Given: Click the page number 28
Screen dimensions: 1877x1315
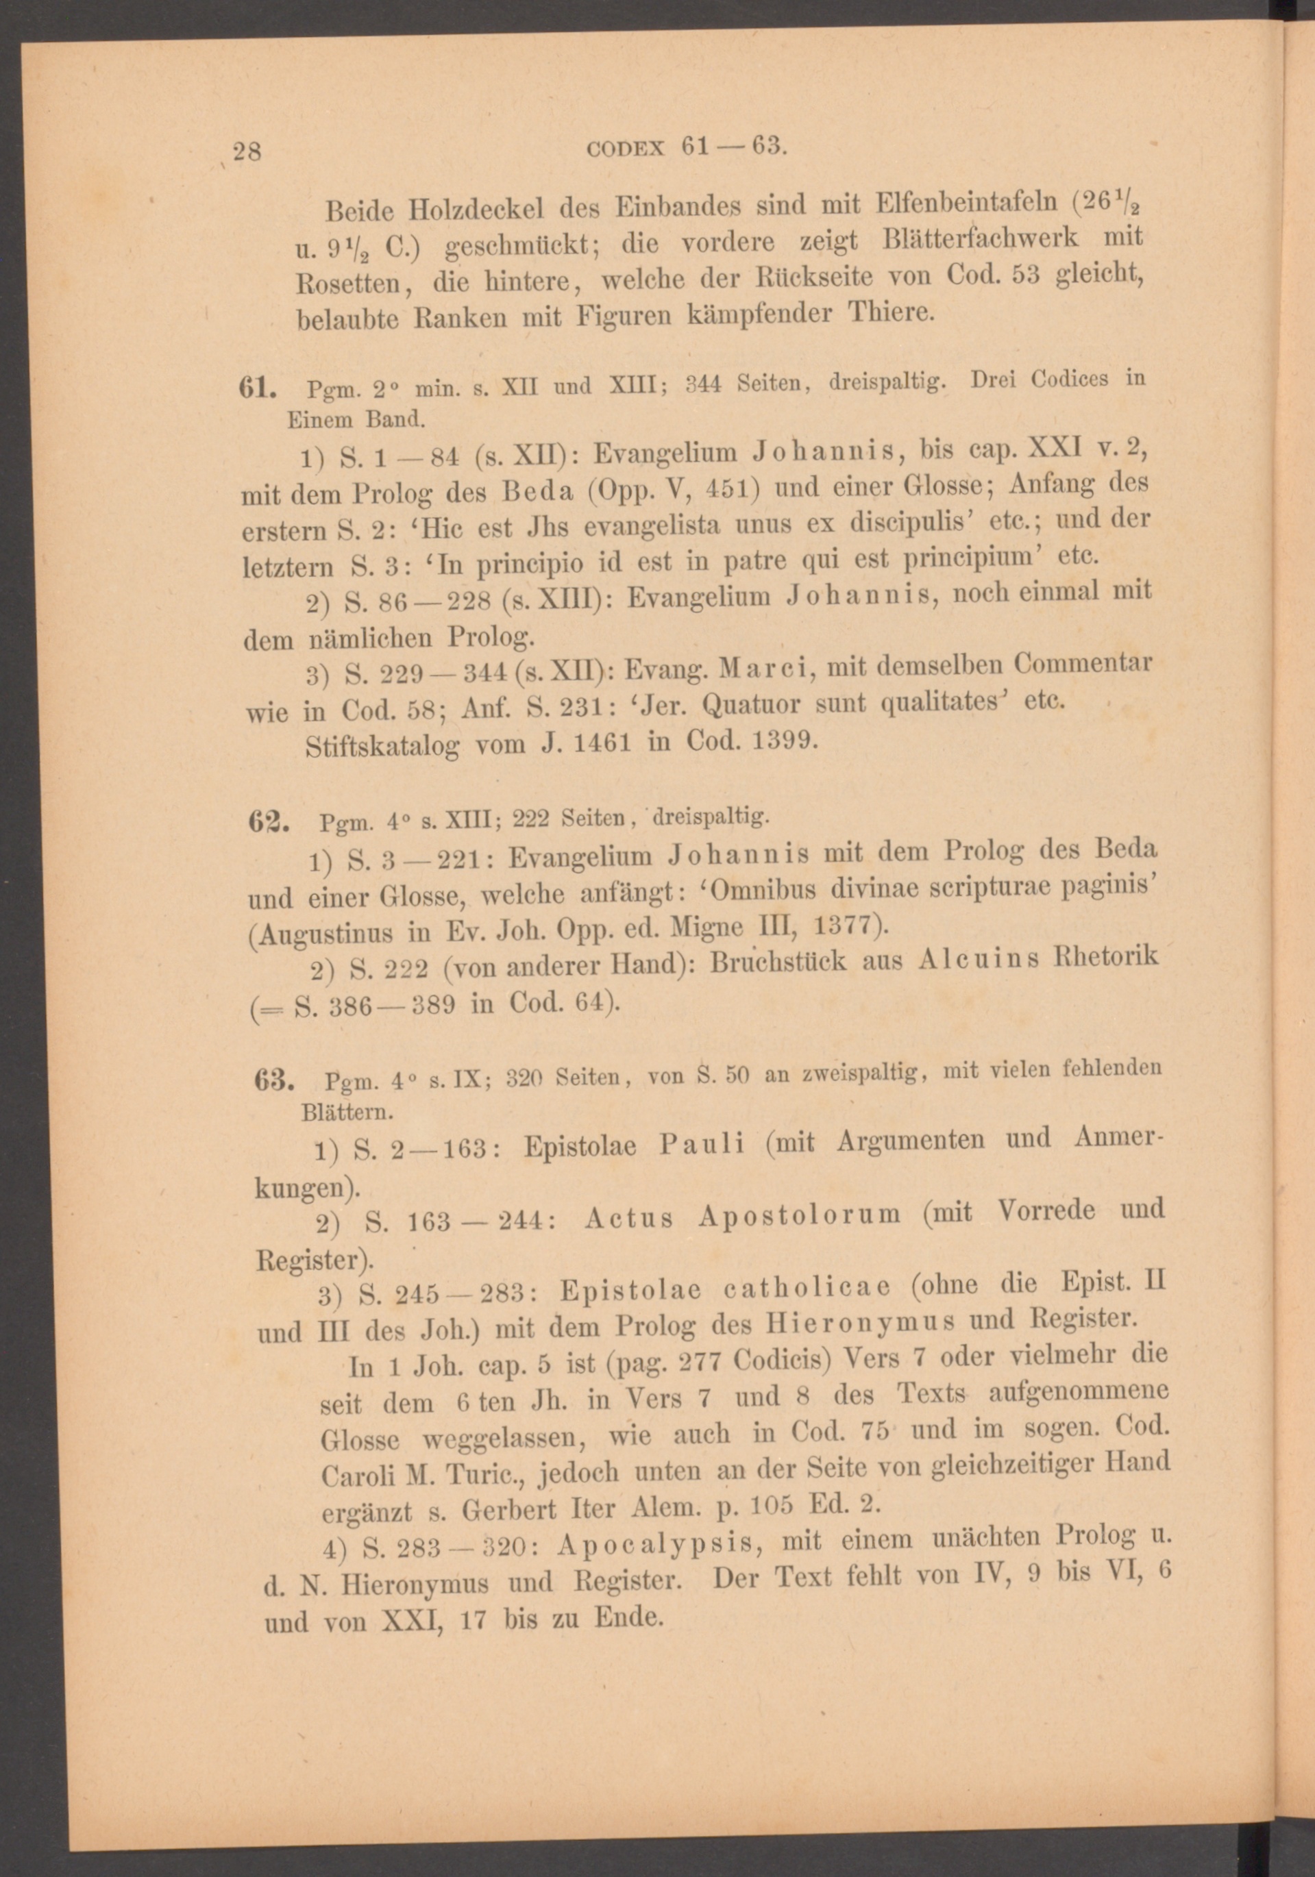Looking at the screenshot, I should (x=246, y=152).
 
